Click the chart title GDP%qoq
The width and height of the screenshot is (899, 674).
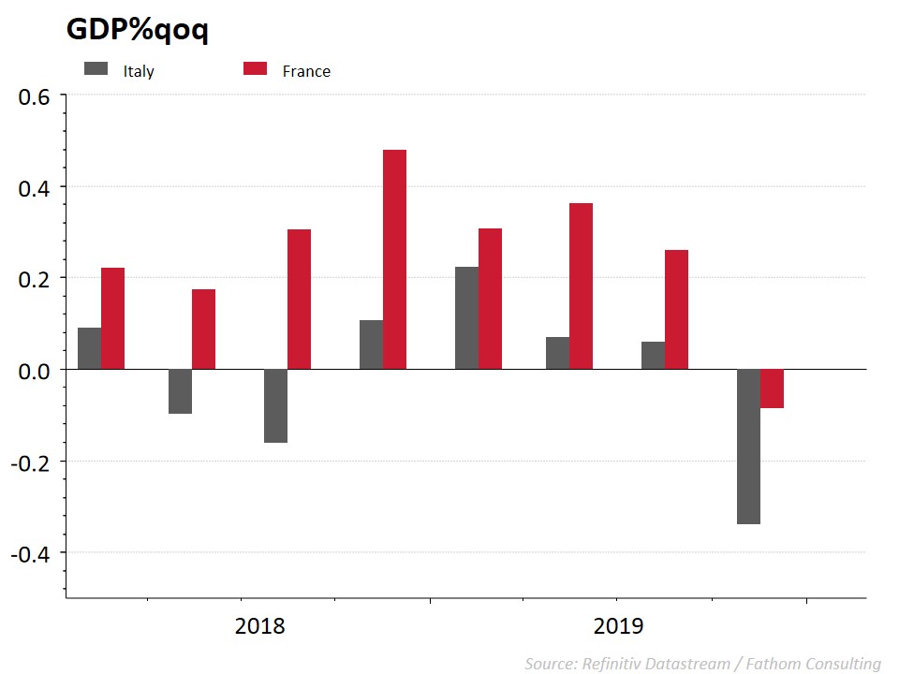[x=137, y=30]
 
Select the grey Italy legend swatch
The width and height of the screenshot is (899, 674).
[x=96, y=68]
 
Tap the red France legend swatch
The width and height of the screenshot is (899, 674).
[x=256, y=68]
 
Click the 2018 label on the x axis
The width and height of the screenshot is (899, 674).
[x=260, y=625]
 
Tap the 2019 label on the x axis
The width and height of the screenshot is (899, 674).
[x=618, y=625]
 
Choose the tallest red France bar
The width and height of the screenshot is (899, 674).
[x=394, y=259]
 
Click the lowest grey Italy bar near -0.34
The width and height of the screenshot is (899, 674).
[x=748, y=447]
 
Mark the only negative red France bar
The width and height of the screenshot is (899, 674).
[x=772, y=388]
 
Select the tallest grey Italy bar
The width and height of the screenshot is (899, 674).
[x=466, y=318]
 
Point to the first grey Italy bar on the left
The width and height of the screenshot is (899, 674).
[x=90, y=348]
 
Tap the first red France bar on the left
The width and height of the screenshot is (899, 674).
[x=113, y=318]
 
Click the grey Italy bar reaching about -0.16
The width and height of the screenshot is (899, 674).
[x=275, y=405]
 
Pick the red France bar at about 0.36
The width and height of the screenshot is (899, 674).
[x=581, y=286]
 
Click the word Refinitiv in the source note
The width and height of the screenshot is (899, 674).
[x=613, y=664]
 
